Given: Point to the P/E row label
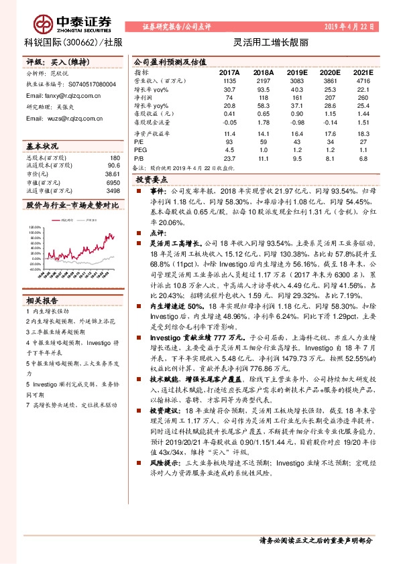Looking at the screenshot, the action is pos(139,141).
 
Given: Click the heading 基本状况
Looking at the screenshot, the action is pos(42,145).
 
